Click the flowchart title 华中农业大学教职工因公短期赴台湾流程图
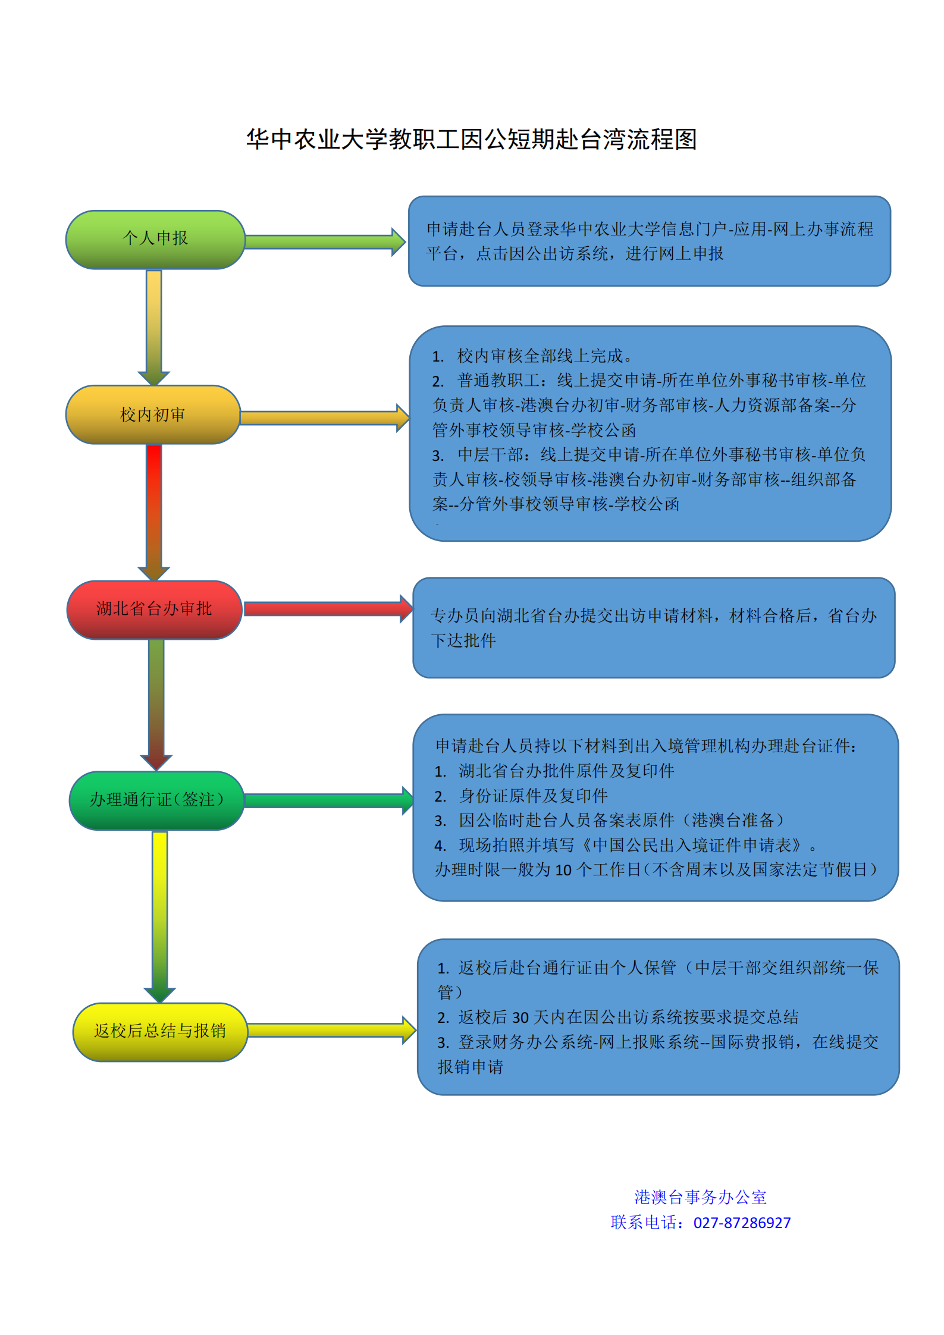pos(471,139)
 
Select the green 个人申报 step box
pos(155,239)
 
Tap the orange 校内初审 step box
pos(153,414)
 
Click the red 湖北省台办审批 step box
pos(154,609)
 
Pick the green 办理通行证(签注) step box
pos(156,800)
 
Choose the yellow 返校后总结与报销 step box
pos(159,1031)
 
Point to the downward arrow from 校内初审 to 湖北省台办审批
pos(154,511)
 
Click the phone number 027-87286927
pos(742,1223)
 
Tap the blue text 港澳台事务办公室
pos(700,1197)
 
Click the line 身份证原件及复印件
pos(533,796)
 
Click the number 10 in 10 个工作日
pos(563,870)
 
